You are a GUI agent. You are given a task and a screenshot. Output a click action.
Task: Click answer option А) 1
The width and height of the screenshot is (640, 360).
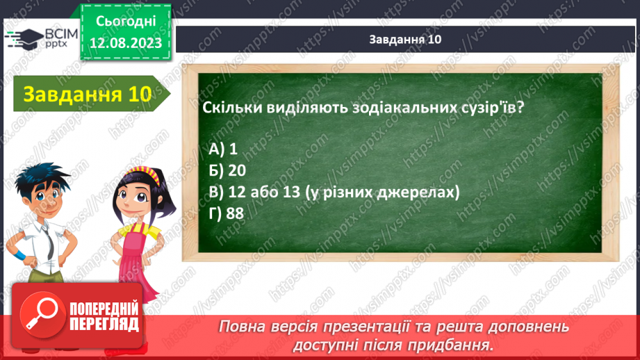point(223,149)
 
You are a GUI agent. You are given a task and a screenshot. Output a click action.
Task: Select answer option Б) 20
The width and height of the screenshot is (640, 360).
point(227,170)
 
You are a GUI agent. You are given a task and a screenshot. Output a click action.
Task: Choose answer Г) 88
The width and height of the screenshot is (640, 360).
point(226,213)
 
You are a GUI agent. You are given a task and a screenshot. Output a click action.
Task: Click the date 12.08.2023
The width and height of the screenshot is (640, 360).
point(126,43)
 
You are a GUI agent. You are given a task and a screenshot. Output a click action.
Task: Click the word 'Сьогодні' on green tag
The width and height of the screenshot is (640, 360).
point(126,22)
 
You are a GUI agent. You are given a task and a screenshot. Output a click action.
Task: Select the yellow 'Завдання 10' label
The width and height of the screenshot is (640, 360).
point(88,94)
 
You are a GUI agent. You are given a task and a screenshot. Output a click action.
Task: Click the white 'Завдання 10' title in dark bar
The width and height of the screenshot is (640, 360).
point(405,39)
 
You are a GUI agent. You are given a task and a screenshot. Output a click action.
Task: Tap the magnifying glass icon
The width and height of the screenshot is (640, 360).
point(42,315)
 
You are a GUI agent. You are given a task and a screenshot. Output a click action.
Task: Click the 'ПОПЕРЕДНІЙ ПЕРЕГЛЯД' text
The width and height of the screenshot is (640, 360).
point(104,316)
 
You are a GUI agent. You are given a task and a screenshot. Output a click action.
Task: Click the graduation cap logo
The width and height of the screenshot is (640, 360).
point(24,39)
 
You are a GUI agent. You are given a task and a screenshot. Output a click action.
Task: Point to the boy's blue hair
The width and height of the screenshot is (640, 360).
point(41,177)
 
